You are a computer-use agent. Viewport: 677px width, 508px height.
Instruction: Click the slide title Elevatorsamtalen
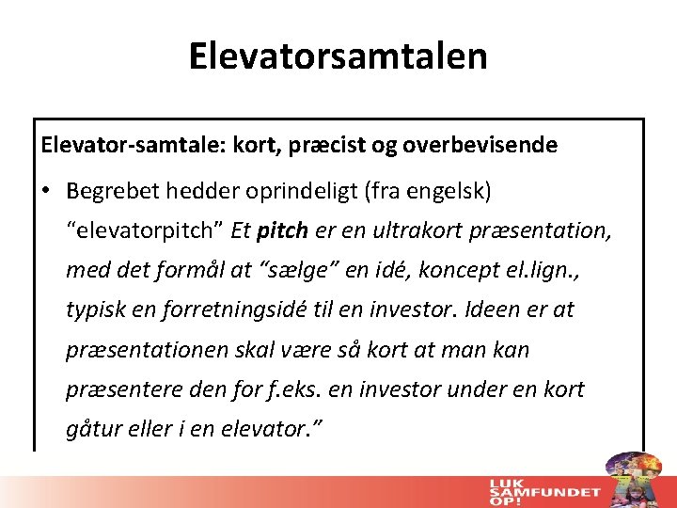tap(338, 56)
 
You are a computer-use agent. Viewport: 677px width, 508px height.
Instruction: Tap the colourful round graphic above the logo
tap(632, 470)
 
